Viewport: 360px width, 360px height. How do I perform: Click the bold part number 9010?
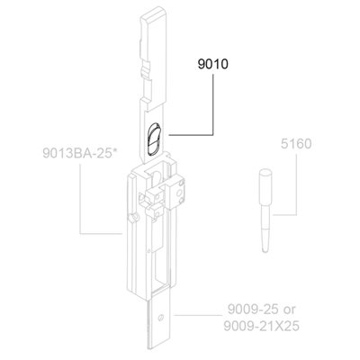click(212, 64)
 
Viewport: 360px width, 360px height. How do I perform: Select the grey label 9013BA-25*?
click(80, 153)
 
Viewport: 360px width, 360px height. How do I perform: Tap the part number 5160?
click(296, 144)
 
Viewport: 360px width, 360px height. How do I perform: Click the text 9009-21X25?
click(262, 326)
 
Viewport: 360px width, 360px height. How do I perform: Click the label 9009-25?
click(252, 310)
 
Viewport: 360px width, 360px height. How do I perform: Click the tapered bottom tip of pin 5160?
click(265, 249)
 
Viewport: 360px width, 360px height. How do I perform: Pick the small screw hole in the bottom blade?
click(161, 318)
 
